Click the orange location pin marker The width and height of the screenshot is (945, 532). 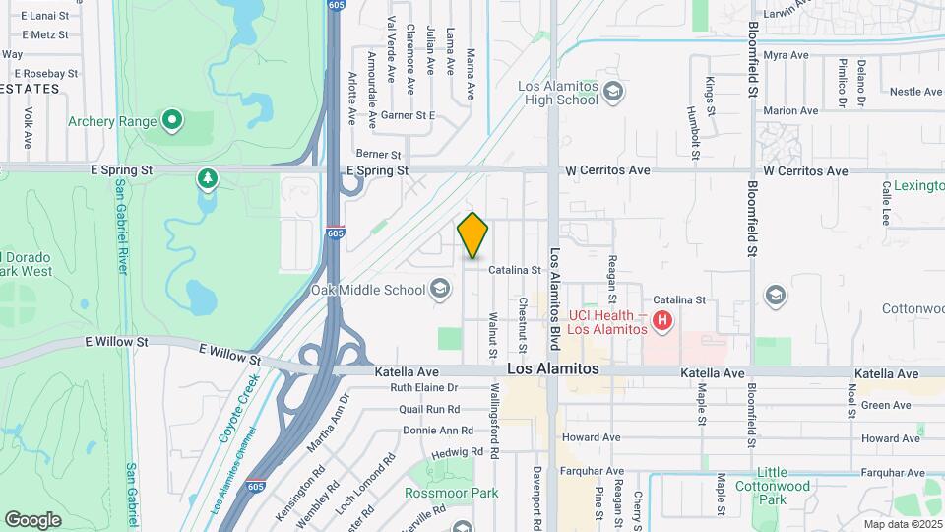point(473,235)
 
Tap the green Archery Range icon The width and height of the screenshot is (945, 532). point(173,122)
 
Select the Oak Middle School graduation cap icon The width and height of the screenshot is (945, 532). point(440,289)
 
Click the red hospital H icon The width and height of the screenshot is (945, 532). point(662,320)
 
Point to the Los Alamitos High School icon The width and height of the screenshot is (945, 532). point(613,93)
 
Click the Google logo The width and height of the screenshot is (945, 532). point(33,519)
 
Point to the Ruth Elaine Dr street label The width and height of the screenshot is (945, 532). point(424,388)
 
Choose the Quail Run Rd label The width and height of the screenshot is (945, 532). point(429,409)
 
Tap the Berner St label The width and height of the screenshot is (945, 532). point(379,155)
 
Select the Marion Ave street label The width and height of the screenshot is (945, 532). point(790,111)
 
